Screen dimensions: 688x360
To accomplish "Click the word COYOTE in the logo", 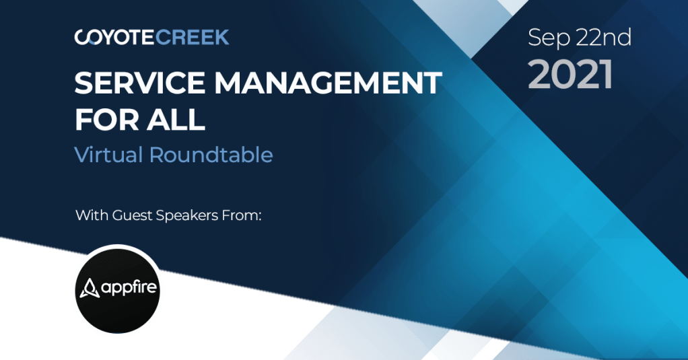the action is click(x=114, y=37).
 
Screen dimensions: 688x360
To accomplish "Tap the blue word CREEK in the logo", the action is click(x=192, y=37).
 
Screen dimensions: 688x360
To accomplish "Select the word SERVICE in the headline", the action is click(x=139, y=83).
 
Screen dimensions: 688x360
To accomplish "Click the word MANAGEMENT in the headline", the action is click(x=328, y=83).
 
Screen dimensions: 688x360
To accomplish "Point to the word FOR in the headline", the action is click(x=106, y=119).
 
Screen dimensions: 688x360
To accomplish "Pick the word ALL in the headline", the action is click(x=176, y=119).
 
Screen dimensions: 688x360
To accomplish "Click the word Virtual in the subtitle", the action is click(x=109, y=155).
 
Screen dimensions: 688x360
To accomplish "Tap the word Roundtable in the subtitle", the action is click(x=211, y=155).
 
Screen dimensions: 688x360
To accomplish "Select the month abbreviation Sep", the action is click(x=549, y=38).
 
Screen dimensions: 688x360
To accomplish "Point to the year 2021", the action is click(x=570, y=74).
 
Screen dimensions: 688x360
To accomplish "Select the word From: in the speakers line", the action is click(x=242, y=215).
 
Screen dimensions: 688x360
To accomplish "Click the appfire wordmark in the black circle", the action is click(x=129, y=289).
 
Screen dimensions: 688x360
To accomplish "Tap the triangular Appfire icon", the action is click(x=89, y=288).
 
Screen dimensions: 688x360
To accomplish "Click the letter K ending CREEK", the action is click(x=221, y=37).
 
